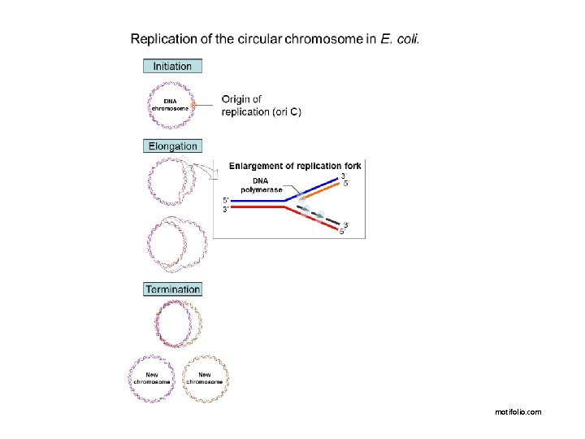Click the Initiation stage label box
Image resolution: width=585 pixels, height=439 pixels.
172,67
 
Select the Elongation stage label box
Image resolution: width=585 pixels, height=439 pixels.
172,146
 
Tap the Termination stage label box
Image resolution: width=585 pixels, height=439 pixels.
172,289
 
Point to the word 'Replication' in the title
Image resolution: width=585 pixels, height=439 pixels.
163,38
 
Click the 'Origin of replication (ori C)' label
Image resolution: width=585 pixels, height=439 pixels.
261,106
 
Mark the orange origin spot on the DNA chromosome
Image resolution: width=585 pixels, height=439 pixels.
194,105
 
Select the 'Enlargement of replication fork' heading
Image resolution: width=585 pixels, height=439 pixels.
294,166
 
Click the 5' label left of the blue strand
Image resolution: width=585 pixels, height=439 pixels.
227,199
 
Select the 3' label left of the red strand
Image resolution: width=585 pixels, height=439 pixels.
227,210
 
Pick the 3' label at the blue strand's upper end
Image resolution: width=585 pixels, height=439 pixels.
345,175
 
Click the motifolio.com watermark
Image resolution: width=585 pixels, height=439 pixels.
518,412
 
